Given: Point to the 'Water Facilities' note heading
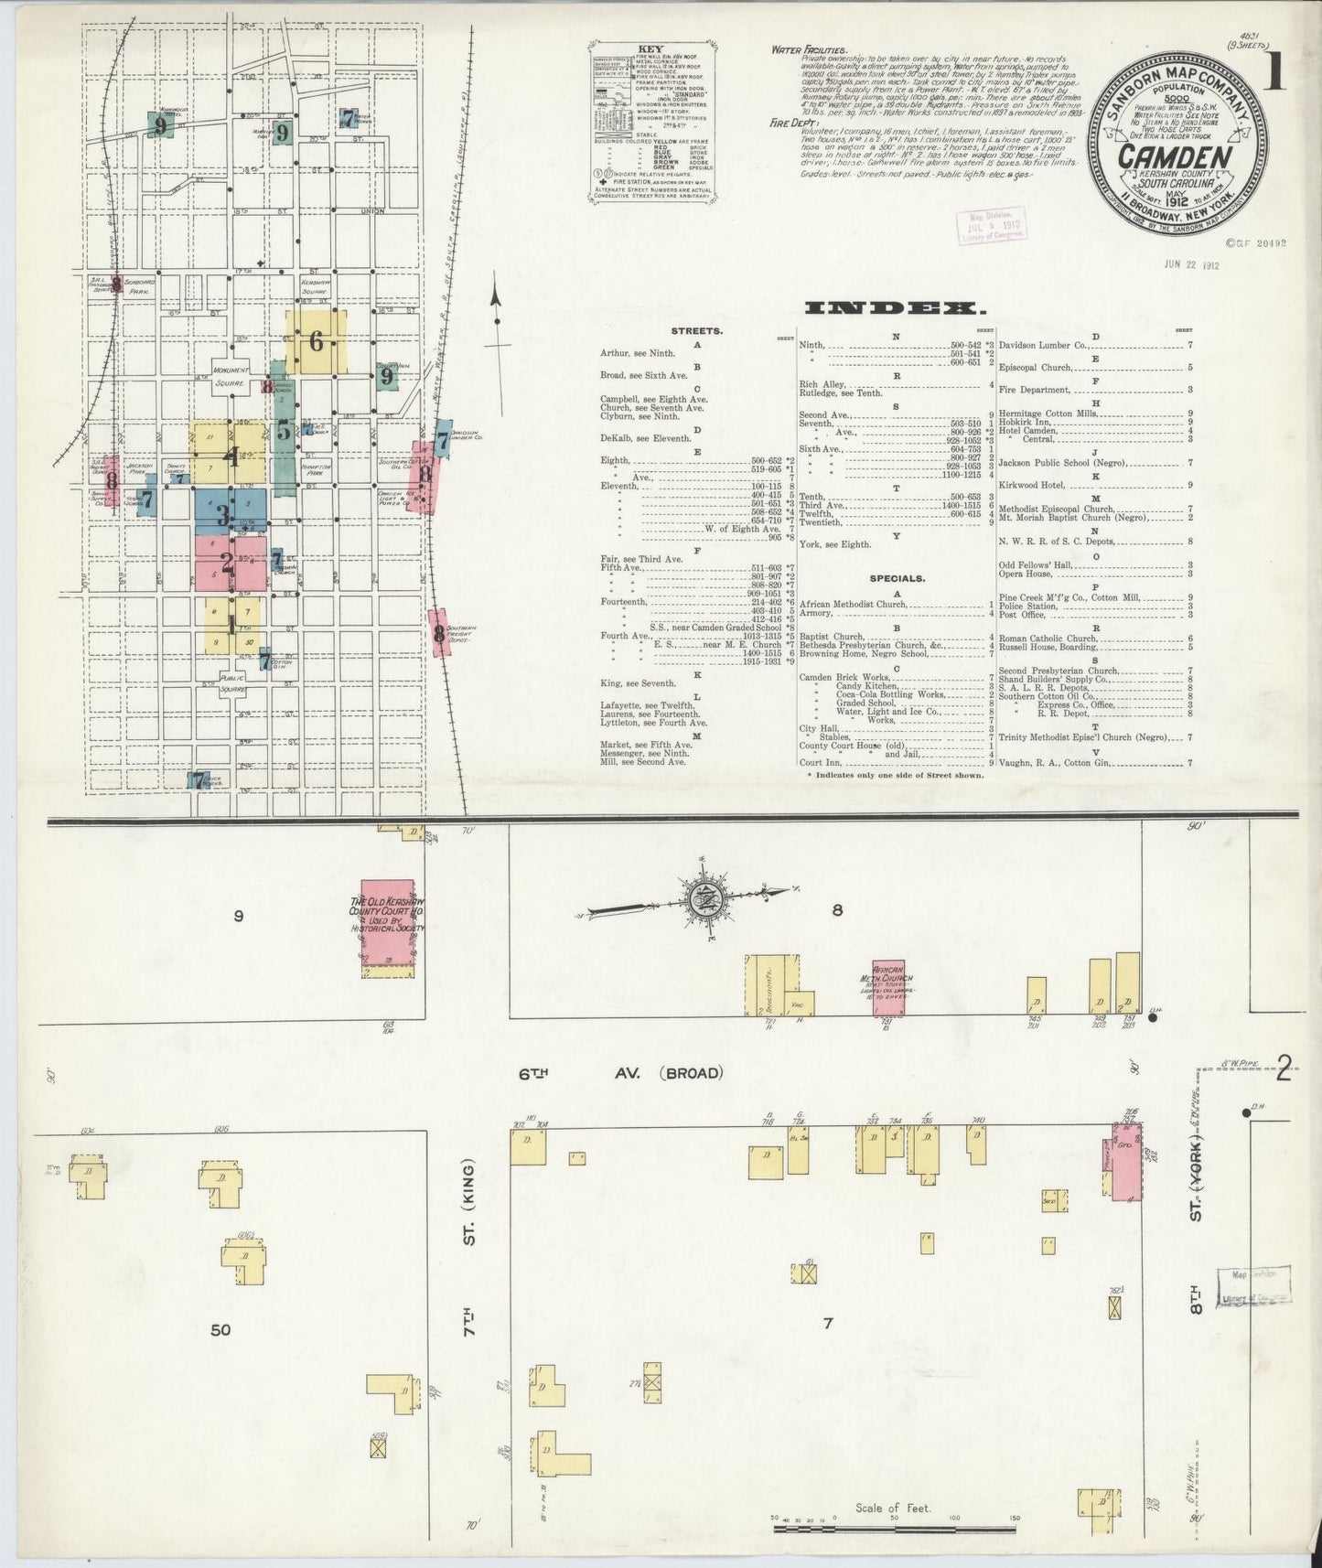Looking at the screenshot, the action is [810, 50].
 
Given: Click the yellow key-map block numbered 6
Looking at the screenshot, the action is [317, 342].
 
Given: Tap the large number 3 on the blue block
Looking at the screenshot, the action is [222, 515].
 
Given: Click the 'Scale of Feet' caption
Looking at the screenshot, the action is [893, 1508].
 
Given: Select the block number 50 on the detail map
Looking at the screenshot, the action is [220, 1330].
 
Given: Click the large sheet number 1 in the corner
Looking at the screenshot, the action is [1274, 74].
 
